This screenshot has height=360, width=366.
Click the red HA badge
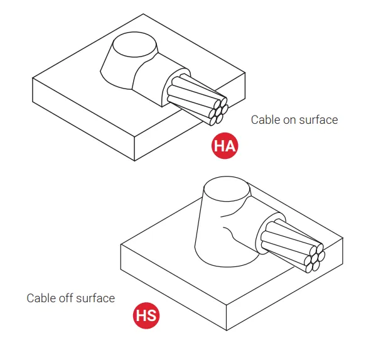(225, 146)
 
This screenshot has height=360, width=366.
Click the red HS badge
(146, 315)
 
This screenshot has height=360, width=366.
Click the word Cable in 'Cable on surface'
(266, 120)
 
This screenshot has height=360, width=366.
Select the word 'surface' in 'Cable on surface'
(319, 120)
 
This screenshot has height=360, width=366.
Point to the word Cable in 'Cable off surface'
(41, 298)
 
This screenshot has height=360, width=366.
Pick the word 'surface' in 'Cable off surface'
(95, 298)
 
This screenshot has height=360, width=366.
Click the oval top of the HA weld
(135, 45)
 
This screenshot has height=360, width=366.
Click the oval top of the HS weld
(227, 189)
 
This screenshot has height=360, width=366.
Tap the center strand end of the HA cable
(218, 112)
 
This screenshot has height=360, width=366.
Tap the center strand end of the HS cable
(315, 258)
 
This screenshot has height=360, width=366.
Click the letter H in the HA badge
(219, 146)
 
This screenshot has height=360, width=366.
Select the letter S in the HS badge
(152, 315)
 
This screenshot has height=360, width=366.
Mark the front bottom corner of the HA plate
(134, 161)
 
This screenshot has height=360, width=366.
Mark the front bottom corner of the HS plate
(227, 330)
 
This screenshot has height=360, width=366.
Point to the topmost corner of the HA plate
(143, 14)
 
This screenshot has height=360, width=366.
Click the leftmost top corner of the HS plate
(121, 244)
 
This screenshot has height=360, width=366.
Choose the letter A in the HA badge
(230, 146)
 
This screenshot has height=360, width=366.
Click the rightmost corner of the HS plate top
(343, 238)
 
